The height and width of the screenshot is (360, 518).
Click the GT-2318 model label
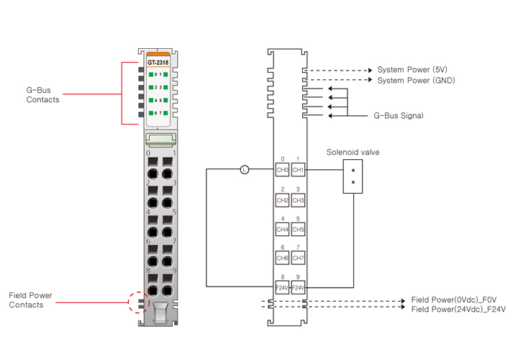pos(158,63)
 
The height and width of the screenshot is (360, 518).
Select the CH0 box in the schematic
pos(282,170)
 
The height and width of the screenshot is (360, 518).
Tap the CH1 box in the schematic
pos(298,170)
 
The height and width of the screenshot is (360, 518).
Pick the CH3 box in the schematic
pos(298,200)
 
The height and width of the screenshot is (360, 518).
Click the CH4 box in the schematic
pos(282,230)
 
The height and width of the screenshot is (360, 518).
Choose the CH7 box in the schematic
pos(298,258)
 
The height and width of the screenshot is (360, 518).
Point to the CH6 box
pos(282,258)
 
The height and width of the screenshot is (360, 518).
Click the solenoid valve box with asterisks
pos(353,177)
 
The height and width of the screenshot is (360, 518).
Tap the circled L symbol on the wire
pos(245,170)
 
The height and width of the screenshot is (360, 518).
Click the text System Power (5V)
pos(413,70)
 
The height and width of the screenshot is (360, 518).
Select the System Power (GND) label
pos(416,80)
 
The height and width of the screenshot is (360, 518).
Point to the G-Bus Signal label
pos(398,115)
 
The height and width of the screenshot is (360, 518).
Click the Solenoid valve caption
pos(353,152)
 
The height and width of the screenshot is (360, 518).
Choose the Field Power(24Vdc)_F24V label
pos(458,310)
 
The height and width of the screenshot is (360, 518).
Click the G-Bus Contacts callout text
pos(42,95)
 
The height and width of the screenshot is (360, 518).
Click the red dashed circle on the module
pos(137,302)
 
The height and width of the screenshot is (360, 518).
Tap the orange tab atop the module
pos(158,54)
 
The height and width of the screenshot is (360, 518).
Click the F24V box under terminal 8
pos(282,287)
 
